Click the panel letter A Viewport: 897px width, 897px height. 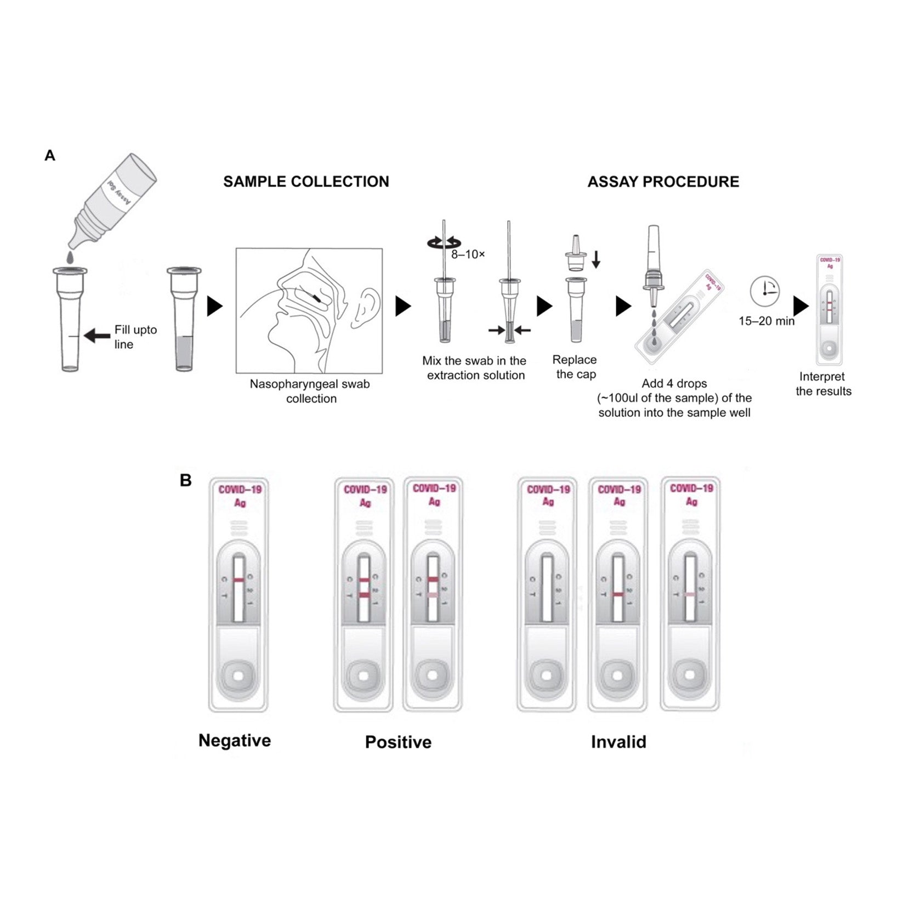coord(50,156)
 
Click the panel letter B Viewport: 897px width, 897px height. coord(186,480)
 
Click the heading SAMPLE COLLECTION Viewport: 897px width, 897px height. coord(306,181)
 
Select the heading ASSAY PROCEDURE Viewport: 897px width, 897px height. coord(663,181)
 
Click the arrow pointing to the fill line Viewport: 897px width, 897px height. coord(98,335)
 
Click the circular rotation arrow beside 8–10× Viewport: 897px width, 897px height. coord(444,243)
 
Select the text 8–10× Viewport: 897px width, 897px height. coord(468,254)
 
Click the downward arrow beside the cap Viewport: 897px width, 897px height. coord(596,259)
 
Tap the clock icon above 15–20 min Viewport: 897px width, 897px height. coord(765,291)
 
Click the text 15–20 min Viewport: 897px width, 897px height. coord(766,321)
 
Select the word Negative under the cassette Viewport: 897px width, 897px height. coord(235,740)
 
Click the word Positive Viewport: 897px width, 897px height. coord(398,742)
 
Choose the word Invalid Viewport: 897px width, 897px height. coord(618,742)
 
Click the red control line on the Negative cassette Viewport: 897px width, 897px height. coord(239,580)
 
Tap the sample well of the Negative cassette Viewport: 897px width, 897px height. coord(239,676)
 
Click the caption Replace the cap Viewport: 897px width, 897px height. coord(575,367)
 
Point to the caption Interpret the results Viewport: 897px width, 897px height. coord(824,384)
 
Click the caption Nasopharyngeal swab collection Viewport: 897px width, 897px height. coord(310,391)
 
